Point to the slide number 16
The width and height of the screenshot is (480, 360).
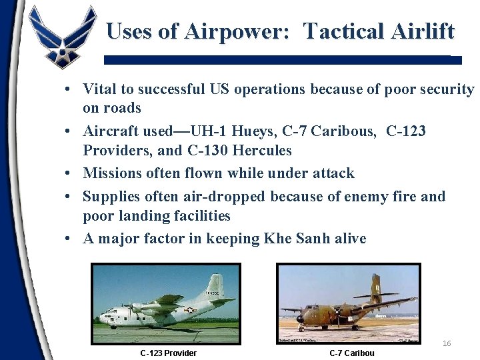447,343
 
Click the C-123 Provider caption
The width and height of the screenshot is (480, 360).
168,353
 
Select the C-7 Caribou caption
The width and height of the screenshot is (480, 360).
352,353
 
